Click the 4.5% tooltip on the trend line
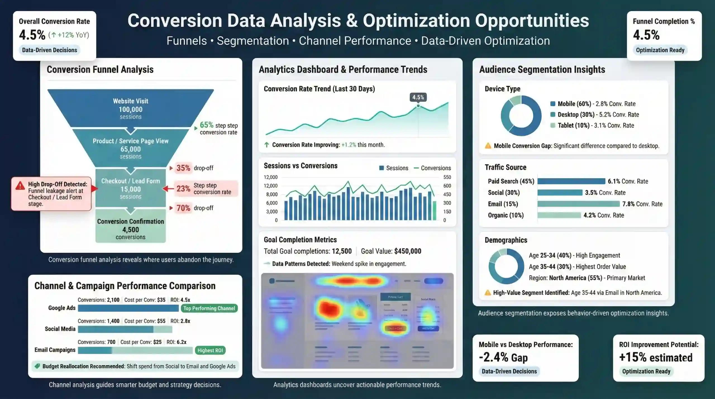pos(418,97)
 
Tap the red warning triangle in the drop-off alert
pos(20,186)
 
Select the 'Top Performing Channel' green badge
pos(209,308)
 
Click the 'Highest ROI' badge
pos(210,350)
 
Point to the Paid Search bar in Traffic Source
pos(571,181)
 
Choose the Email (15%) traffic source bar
pos(578,204)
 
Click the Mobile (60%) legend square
pos(552,104)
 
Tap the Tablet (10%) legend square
pos(552,125)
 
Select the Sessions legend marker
pos(382,168)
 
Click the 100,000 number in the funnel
pos(130,109)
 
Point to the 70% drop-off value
pos(183,208)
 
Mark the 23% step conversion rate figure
pos(183,189)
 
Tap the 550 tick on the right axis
pos(447,177)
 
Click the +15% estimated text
pos(656,357)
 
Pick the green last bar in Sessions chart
pos(435,211)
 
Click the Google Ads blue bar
pos(128,308)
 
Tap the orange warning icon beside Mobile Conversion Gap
pos(488,146)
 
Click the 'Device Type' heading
pos(502,89)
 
